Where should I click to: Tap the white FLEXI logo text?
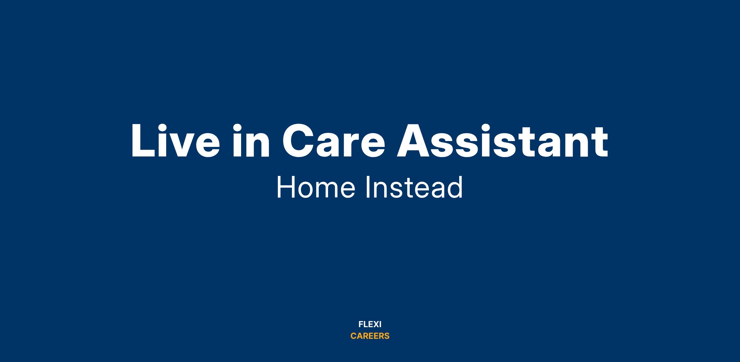[x=370, y=324]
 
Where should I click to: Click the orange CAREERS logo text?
[x=370, y=336]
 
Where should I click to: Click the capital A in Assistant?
[x=414, y=141]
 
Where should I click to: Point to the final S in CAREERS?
[x=386, y=336]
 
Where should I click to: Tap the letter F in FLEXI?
[x=361, y=324]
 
